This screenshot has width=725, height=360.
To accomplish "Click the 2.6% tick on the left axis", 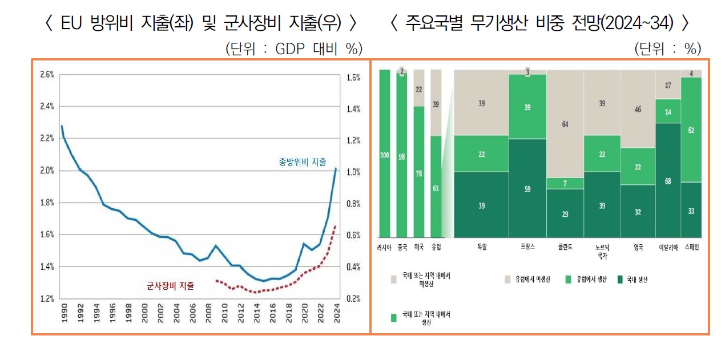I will click(x=46, y=74).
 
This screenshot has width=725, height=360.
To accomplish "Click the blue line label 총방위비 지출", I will click(x=303, y=163).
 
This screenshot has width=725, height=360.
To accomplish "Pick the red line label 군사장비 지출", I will click(x=170, y=286).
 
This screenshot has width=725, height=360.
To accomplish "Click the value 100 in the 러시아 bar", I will click(x=385, y=155).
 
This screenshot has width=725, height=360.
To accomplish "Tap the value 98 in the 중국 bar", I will click(x=402, y=157).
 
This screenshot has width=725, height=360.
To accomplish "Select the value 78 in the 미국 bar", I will click(x=419, y=173).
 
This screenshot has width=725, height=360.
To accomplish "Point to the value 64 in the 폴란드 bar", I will click(x=565, y=124).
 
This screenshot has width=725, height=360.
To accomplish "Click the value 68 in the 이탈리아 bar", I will click(x=667, y=181).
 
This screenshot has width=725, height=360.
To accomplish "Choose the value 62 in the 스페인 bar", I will click(x=691, y=130).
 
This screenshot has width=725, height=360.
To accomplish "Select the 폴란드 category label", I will click(x=565, y=247).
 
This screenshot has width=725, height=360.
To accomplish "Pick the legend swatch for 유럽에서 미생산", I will click(x=506, y=280).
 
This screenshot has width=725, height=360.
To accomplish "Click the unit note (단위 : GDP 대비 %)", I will click(x=293, y=50).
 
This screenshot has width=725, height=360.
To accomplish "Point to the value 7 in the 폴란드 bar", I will click(x=565, y=183).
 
